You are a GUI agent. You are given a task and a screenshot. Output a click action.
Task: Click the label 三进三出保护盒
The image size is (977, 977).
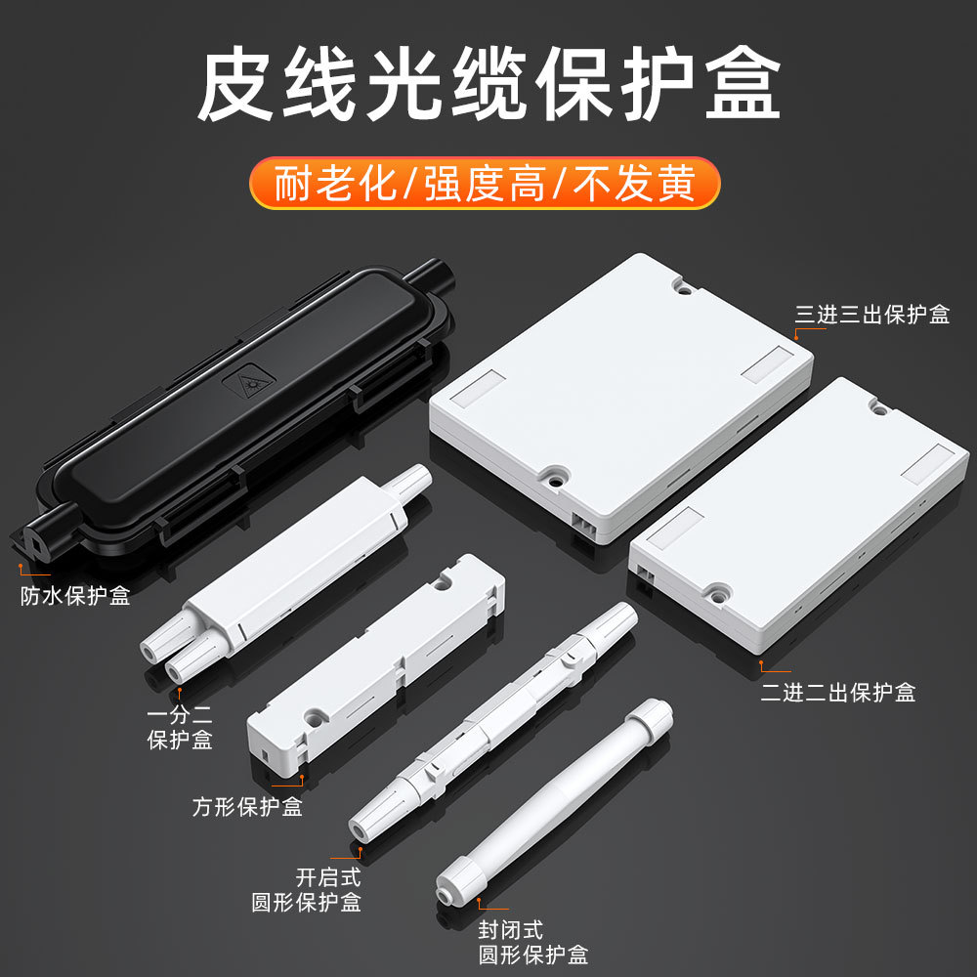tap(871, 315)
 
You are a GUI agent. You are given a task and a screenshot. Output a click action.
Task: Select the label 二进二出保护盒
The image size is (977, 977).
tap(838, 693)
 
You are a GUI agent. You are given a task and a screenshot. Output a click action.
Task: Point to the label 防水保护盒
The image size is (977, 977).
tap(75, 596)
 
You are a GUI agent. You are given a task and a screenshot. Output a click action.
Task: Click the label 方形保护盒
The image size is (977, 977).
tap(247, 807)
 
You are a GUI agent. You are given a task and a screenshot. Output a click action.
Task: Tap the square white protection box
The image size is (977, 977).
tap(376, 664)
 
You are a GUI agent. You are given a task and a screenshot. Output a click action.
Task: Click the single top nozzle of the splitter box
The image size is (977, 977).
tap(411, 480)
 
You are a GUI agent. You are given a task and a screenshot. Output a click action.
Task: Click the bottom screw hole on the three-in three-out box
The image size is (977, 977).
tap(556, 476)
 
